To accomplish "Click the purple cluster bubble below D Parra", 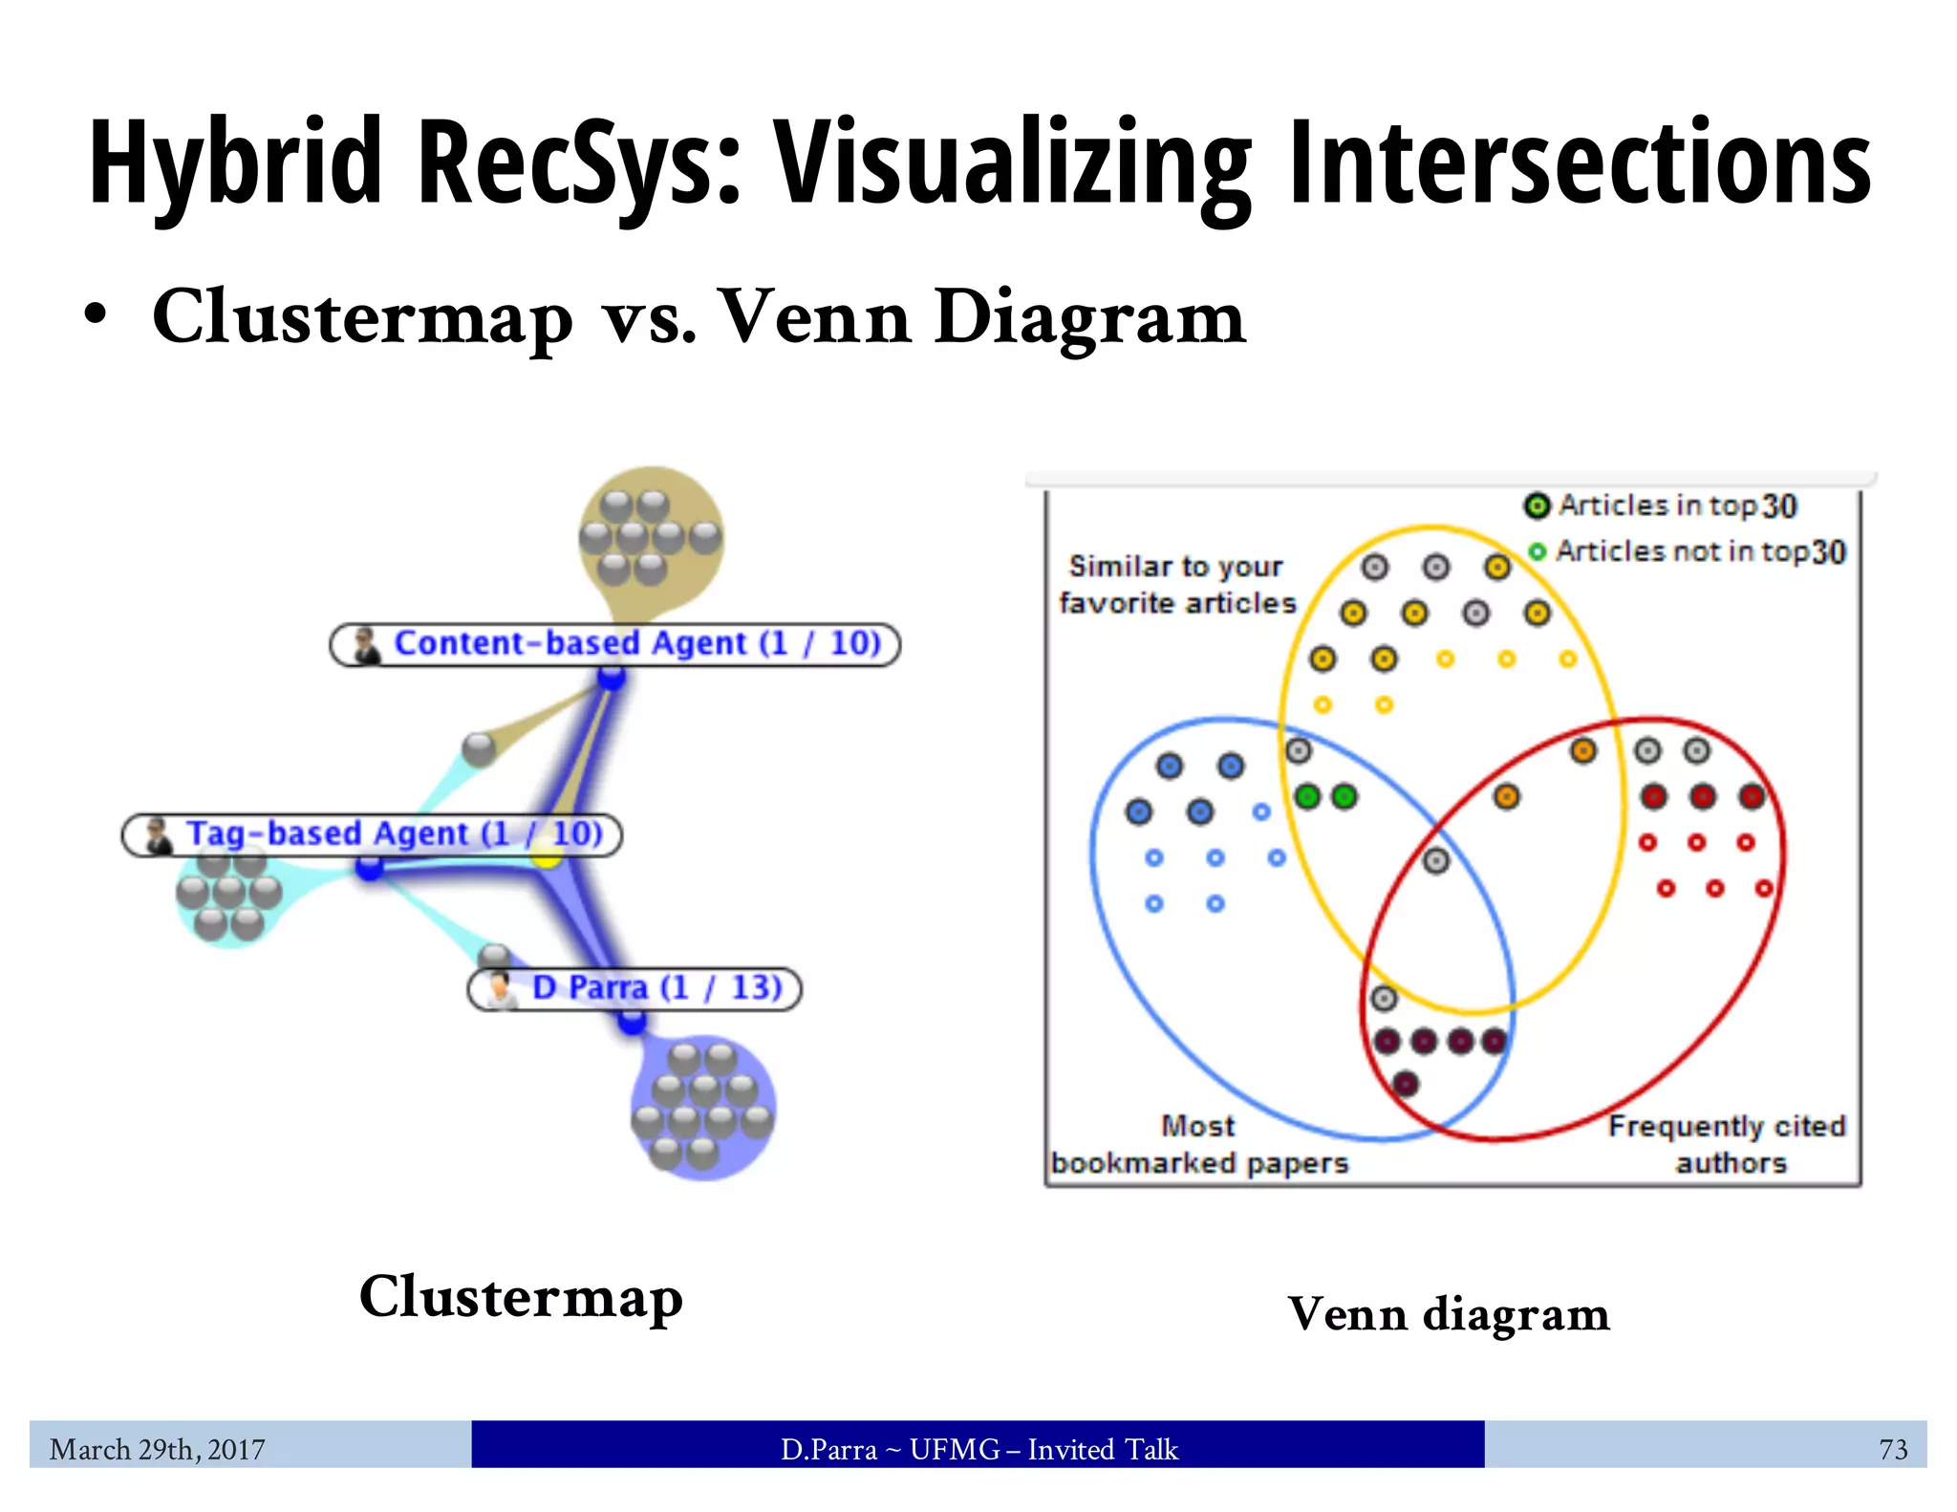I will (703, 1109).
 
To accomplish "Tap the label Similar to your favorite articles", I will (1177, 585).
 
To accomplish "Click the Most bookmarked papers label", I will (1199, 1145).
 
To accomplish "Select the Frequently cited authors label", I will (1727, 1145).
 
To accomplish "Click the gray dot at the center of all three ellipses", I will (1436, 861).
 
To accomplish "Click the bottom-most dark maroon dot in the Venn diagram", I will (1406, 1084).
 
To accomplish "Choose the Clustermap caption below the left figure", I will (521, 1298).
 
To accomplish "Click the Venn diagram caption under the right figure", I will (1449, 1314).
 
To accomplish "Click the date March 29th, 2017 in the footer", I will (158, 1450).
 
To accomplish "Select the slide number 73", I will (1892, 1450).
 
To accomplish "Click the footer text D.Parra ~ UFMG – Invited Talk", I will (978, 1450).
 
